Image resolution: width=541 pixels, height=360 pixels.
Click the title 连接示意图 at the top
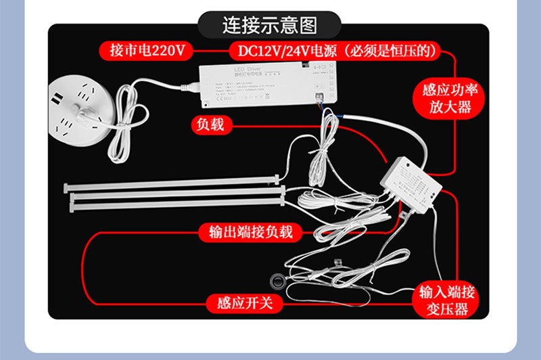pos(270,25)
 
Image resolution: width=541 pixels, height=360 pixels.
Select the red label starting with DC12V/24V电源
pos(335,50)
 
